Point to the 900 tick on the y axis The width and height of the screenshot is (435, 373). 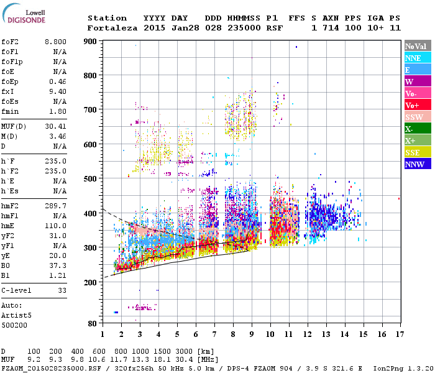[x=91, y=42]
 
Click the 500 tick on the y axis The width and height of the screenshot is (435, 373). [x=91, y=179]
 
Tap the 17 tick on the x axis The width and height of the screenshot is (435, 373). [x=399, y=334]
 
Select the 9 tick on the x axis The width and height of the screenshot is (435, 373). [x=251, y=334]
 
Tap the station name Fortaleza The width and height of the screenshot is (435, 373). [x=110, y=28]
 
